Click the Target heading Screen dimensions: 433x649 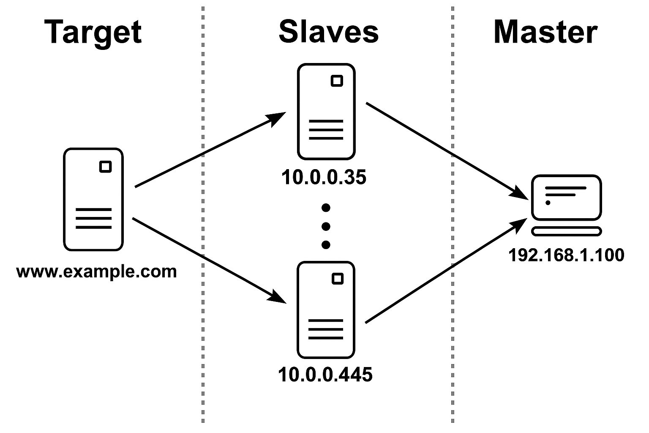pos(93,32)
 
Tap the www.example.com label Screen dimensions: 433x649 pos(96,271)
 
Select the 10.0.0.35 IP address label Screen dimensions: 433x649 pos(324,177)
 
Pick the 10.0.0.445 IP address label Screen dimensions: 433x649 pos(325,375)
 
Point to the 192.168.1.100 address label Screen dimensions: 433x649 pos(566,255)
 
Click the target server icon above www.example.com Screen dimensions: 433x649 pos(93,199)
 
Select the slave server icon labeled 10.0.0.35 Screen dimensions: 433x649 pos(326,112)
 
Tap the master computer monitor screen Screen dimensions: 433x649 pos(566,197)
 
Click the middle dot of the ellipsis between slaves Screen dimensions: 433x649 pos(326,227)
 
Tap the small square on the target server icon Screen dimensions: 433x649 pos(106,167)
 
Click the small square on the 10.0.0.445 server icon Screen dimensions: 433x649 pos(337,279)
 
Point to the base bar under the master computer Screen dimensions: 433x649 pos(566,231)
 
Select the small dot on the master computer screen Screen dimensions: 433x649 pos(548,203)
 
